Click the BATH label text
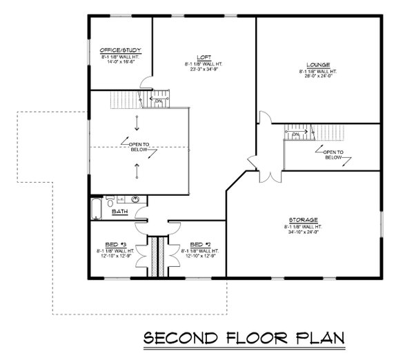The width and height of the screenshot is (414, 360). click(119, 212)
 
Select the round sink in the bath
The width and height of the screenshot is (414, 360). click(137, 201)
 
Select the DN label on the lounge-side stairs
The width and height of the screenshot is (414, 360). click(295, 135)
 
